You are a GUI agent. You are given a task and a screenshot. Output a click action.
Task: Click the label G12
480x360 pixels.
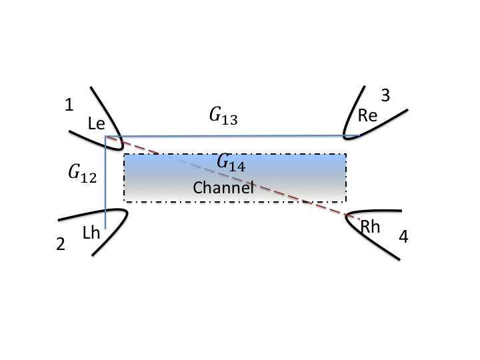[x=82, y=175]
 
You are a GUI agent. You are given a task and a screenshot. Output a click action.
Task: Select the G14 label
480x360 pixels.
[x=231, y=163]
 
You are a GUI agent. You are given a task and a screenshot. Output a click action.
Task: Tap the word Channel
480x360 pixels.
[x=224, y=188]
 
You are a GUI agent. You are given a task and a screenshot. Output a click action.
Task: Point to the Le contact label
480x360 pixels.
[x=97, y=123]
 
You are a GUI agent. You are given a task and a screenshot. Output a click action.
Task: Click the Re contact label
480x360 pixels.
[x=367, y=115]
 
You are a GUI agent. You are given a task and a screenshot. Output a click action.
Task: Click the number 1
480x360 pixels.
[x=69, y=105]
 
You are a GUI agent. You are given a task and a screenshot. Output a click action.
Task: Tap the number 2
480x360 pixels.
[x=61, y=245]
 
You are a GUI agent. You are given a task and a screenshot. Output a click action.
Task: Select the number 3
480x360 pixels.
[x=385, y=95]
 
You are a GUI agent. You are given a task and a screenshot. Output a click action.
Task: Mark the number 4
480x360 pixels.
[x=403, y=236]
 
